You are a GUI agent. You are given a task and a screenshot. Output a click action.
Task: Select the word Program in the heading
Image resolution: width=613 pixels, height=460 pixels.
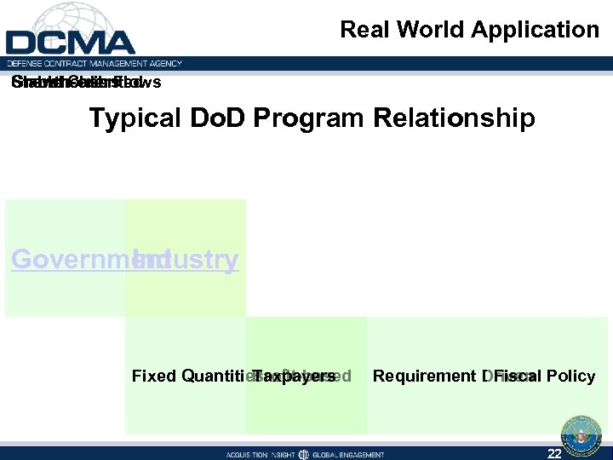306,118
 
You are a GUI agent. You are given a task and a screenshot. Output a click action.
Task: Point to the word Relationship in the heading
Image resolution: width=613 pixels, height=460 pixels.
450,118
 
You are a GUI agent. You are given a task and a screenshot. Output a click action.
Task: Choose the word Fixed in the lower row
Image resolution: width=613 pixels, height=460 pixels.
154,376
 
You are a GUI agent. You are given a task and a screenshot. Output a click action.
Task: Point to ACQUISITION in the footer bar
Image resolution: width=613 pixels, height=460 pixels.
251,455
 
